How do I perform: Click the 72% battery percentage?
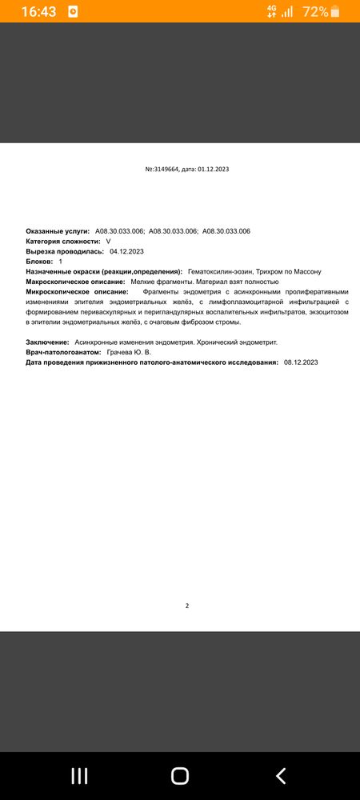point(315,12)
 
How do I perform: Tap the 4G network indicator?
point(272,11)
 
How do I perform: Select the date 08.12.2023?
point(301,362)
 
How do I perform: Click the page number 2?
point(186,606)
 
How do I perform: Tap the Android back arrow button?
point(281,775)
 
